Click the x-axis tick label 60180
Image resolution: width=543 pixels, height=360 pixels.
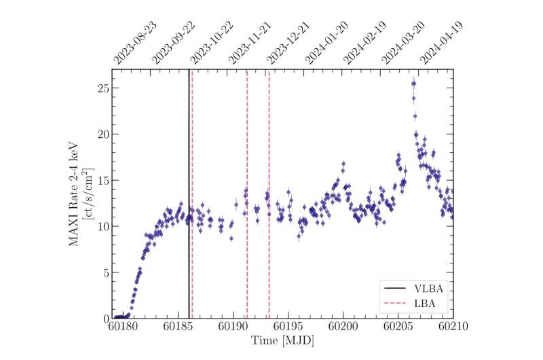(x=122, y=327)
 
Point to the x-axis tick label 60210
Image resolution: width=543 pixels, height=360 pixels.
(x=452, y=327)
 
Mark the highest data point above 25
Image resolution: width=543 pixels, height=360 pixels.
(x=413, y=84)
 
